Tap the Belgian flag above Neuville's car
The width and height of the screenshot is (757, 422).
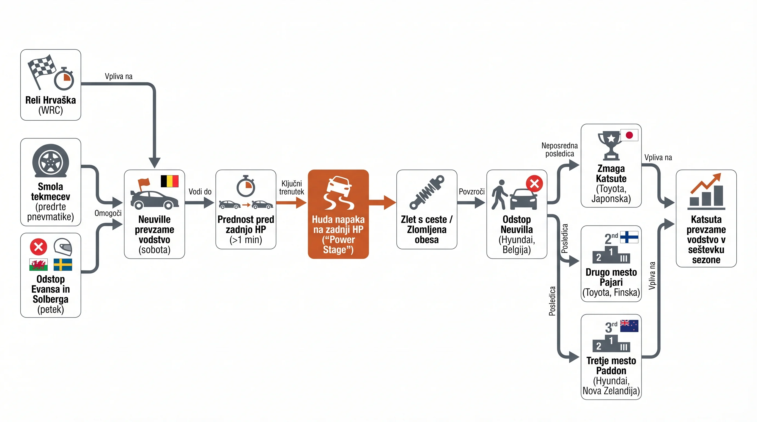click(169, 181)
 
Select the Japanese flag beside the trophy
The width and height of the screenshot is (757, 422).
click(629, 135)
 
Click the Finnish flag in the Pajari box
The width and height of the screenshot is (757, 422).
click(629, 237)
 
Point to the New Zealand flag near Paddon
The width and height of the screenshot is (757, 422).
click(629, 326)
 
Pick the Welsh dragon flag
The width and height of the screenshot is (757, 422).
click(39, 264)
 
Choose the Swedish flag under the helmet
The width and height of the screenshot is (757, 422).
click(63, 264)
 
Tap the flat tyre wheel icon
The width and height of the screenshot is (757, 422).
click(51, 160)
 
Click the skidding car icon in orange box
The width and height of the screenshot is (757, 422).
click(338, 193)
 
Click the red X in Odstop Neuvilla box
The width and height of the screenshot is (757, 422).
click(534, 184)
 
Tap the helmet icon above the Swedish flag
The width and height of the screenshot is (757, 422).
click(63, 247)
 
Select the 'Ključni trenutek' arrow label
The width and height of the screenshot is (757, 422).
click(292, 188)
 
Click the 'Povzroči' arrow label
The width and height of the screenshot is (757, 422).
click(472, 192)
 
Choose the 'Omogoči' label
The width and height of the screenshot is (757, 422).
click(108, 213)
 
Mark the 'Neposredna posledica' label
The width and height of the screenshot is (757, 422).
click(559, 150)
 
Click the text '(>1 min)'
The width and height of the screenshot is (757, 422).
click(246, 240)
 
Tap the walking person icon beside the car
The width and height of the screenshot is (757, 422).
click(500, 195)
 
